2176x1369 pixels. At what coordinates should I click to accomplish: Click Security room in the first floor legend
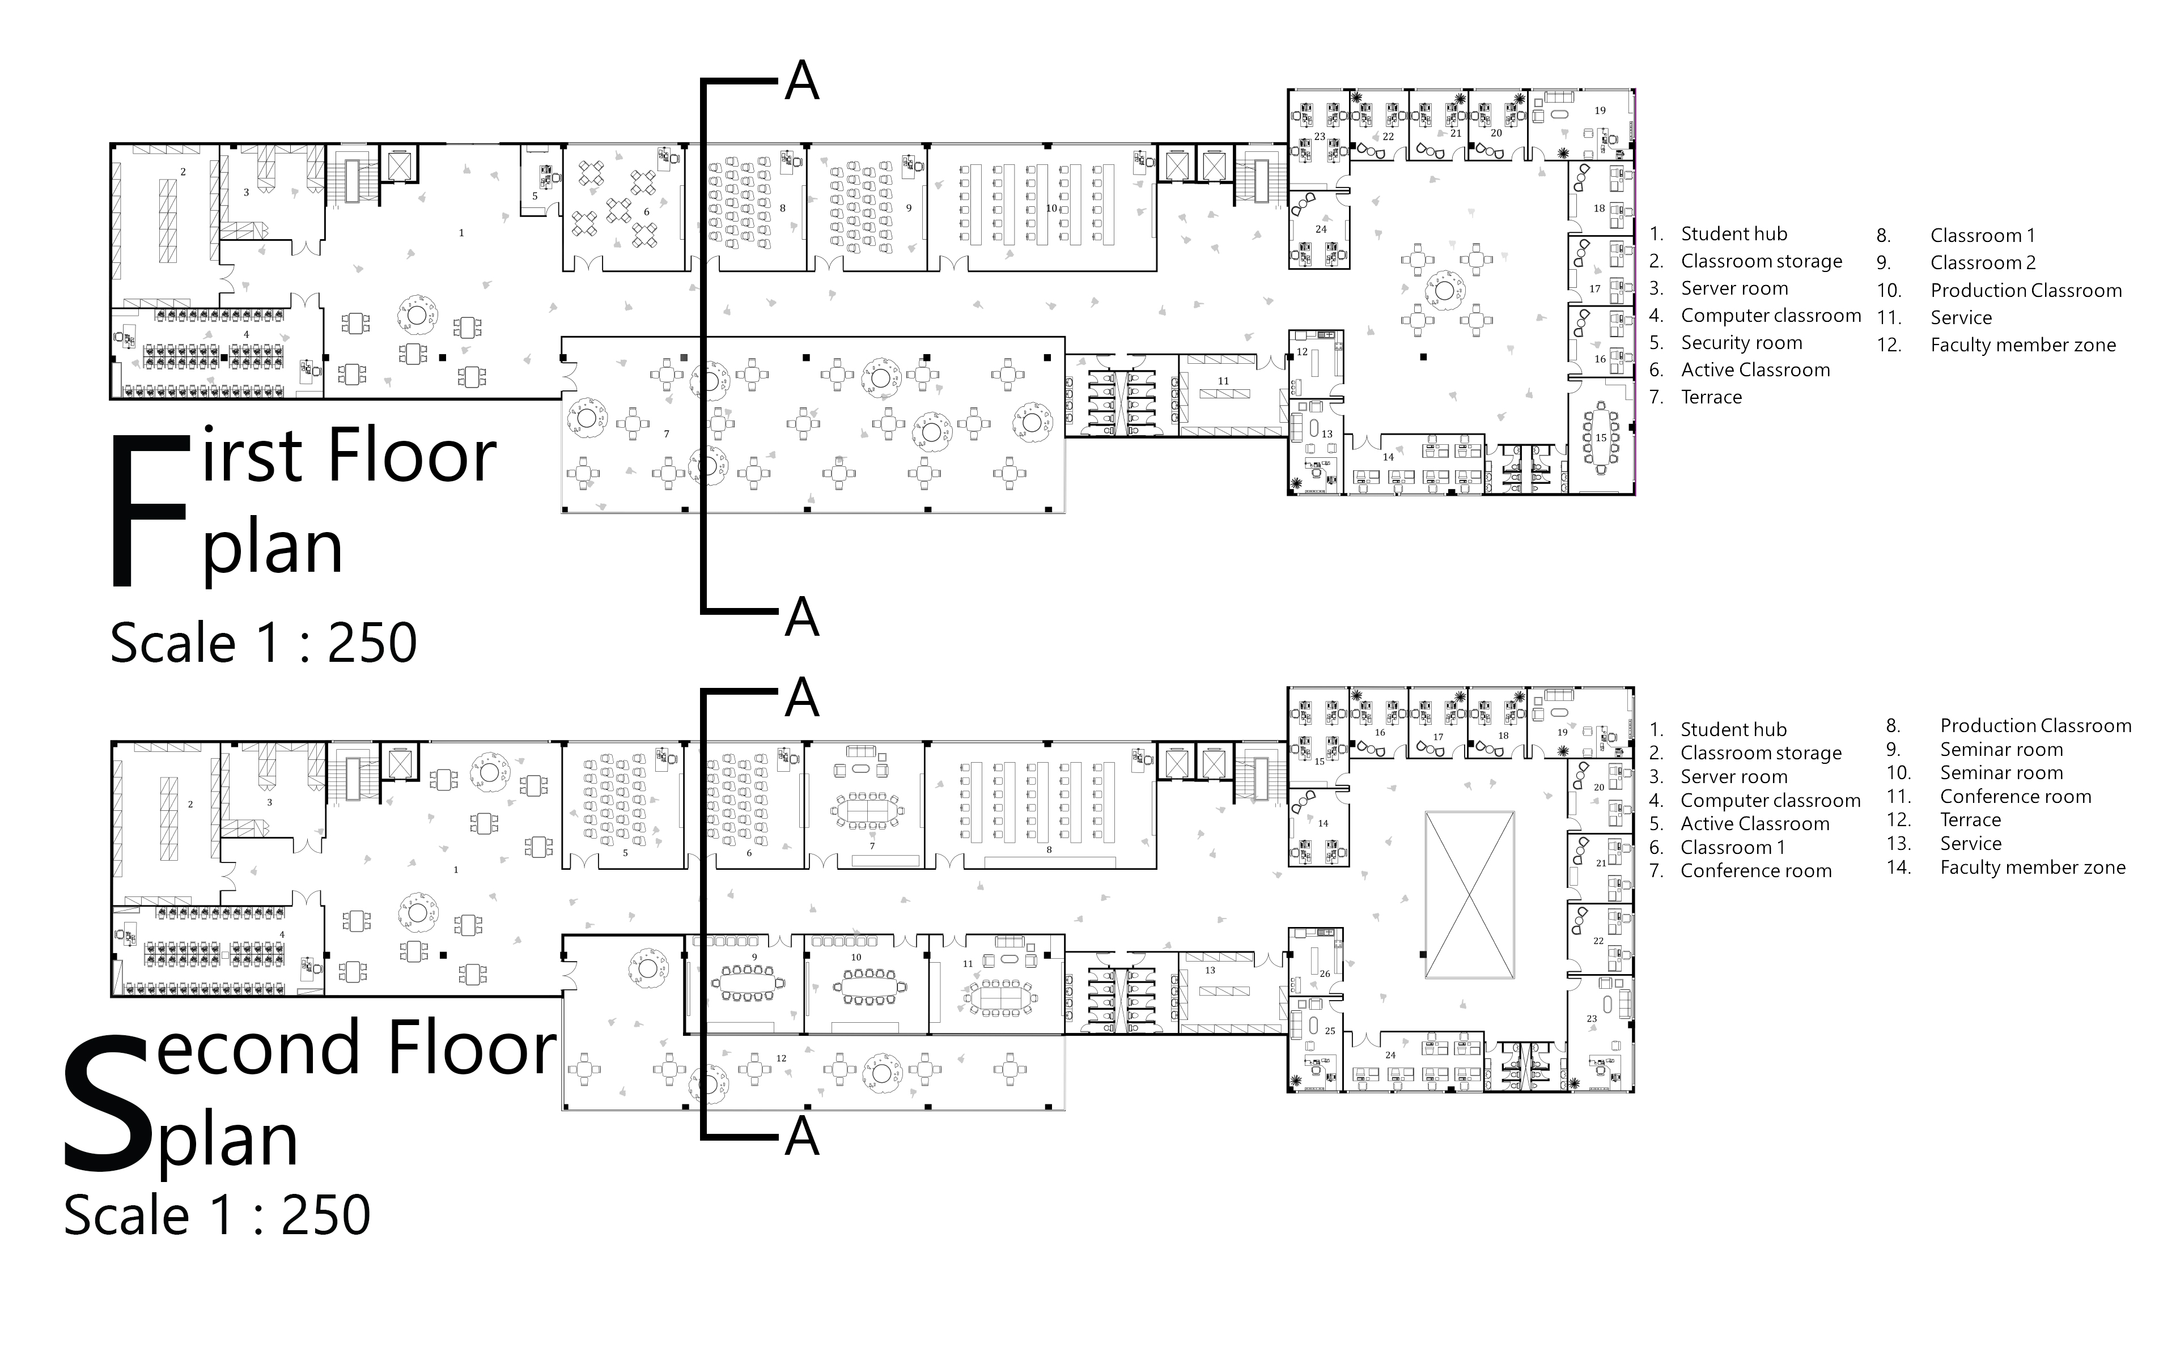click(x=1741, y=342)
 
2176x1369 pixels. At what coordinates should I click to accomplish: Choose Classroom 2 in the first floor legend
click(x=1983, y=263)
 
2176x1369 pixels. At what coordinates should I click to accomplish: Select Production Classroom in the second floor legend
click(x=2035, y=726)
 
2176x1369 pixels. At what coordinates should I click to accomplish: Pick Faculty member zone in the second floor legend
click(x=2033, y=868)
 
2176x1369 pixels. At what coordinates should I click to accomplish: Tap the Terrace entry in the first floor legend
click(x=1711, y=397)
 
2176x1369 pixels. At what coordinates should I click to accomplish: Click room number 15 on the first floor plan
click(x=1600, y=437)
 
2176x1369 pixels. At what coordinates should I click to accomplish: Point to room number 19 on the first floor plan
click(x=1600, y=110)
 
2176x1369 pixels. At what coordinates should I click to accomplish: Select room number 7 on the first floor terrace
click(x=667, y=433)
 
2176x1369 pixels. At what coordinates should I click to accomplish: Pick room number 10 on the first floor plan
click(x=1051, y=208)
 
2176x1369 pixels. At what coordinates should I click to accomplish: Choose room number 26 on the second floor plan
click(x=1325, y=973)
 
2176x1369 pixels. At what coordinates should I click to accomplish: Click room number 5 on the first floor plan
click(x=535, y=196)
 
